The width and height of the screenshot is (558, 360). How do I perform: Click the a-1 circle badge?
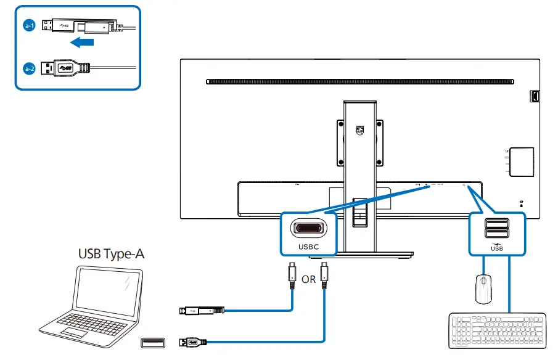[28, 25]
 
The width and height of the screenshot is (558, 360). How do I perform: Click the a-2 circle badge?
[28, 68]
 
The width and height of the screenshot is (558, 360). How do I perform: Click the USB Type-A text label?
[111, 253]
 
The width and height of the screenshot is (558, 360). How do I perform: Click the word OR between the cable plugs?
[308, 279]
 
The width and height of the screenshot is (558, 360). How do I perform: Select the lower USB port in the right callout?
[497, 233]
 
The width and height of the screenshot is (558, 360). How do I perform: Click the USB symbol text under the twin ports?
[497, 248]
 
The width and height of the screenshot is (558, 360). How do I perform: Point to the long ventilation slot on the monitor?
[359, 81]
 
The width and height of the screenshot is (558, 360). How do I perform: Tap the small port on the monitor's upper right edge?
[534, 96]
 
